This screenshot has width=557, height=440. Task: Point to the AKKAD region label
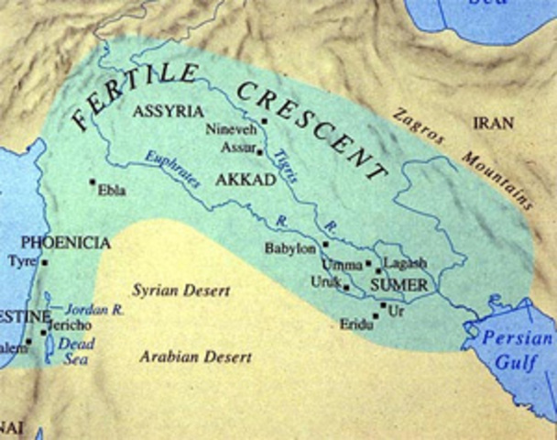[x=245, y=181]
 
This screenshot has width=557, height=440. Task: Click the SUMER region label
[x=399, y=286]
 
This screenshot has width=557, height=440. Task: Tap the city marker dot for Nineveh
[x=264, y=121]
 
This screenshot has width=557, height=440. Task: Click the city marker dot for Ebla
[x=92, y=181]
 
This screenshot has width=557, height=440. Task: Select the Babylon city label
[x=289, y=247]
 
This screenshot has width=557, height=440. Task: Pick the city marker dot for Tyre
[x=44, y=261]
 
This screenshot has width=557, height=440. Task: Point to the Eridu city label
[x=356, y=324]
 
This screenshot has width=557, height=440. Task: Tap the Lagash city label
[x=404, y=262]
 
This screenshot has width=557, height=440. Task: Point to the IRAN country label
[x=493, y=122]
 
